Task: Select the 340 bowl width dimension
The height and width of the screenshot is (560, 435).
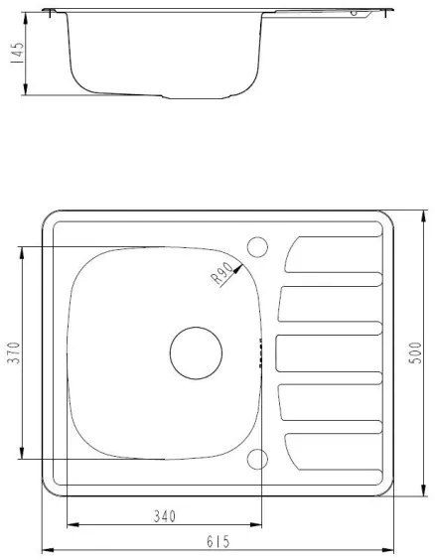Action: pyautogui.click(x=165, y=515)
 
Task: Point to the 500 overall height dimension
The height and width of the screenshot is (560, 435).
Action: pyautogui.click(x=416, y=352)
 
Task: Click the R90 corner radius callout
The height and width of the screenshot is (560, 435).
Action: pyautogui.click(x=222, y=272)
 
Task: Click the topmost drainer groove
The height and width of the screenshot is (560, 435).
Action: pyautogui.click(x=333, y=254)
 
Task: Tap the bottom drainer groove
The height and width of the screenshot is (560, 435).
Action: pyautogui.click(x=333, y=452)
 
